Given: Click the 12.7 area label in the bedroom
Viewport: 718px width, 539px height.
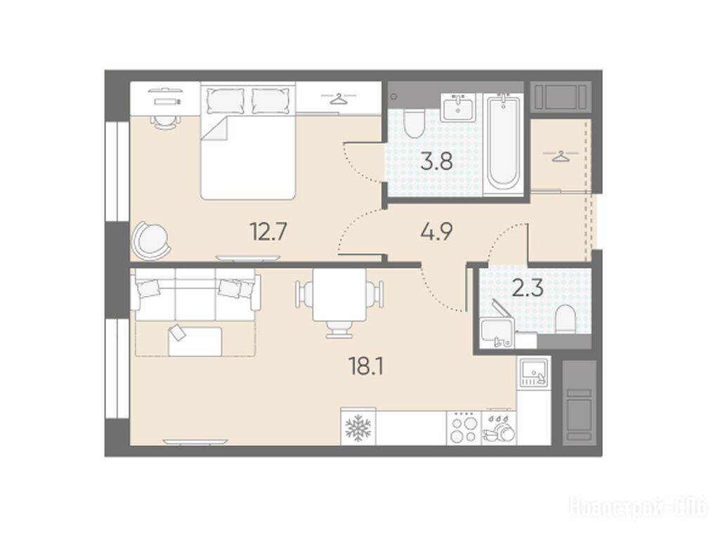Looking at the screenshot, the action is tap(268, 232).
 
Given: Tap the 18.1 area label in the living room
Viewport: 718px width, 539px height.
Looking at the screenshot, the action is tap(365, 366).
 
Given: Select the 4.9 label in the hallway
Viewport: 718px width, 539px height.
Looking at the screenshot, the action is tap(436, 232).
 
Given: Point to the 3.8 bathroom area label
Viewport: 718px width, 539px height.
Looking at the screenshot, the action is tap(436, 161).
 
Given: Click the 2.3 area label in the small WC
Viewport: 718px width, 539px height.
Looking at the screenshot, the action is tap(528, 288).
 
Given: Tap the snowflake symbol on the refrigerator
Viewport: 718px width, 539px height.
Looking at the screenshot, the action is tap(358, 429).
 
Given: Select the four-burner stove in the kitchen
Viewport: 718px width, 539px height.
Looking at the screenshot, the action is tap(464, 427).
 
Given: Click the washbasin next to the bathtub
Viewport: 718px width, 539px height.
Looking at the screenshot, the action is tap(457, 107).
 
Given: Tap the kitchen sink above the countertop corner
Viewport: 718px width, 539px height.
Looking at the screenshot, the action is tap(533, 373).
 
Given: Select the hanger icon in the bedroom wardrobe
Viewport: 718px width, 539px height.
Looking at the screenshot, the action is tap(338, 98).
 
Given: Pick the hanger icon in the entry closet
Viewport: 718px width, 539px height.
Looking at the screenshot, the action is tap(559, 156).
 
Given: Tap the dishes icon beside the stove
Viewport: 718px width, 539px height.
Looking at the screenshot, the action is tap(500, 429).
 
